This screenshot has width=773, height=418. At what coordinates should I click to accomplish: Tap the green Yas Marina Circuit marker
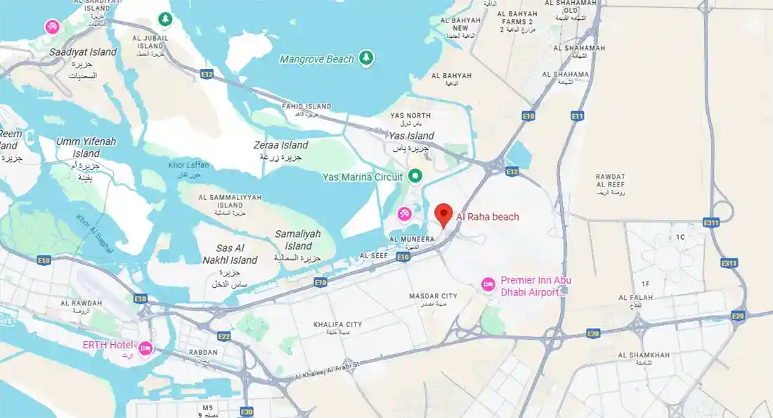(415, 176)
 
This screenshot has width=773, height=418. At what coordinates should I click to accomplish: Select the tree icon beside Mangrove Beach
(366, 58)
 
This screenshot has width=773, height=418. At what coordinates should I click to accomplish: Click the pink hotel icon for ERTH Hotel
(145, 348)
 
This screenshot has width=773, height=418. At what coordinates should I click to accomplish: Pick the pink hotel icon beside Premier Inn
(488, 284)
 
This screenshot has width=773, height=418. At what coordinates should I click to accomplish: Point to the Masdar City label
(433, 296)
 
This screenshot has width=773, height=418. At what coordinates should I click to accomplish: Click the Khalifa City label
(337, 324)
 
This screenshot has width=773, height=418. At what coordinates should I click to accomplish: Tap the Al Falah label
(635, 298)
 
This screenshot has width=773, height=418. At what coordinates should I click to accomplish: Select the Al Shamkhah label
(644, 355)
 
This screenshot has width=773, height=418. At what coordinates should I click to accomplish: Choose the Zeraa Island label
(280, 146)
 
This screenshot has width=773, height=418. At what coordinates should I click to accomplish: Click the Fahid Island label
(306, 107)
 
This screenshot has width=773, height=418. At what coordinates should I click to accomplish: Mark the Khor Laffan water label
(188, 165)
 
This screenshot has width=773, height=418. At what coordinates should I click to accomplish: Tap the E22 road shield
(223, 336)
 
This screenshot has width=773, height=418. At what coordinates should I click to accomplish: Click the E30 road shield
(246, 412)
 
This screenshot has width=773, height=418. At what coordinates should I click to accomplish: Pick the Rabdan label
(203, 353)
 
